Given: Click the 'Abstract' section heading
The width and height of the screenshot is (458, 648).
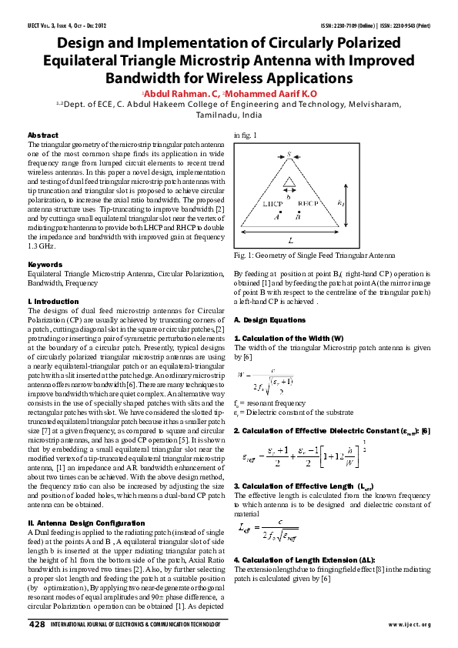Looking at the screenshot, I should (42, 135).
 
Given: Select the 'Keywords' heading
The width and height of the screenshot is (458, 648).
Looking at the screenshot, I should (44, 264).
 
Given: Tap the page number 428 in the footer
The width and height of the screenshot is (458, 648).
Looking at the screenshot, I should (36, 624).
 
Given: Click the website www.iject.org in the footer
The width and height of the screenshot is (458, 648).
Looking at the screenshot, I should (410, 625).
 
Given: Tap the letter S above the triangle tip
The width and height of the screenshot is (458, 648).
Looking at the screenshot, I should (289, 155).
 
